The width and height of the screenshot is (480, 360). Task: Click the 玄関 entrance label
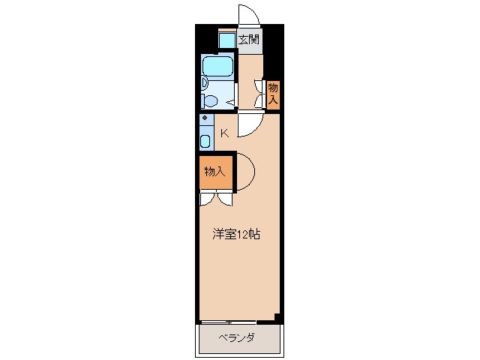(249, 40)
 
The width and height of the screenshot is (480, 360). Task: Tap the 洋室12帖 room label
(235, 234)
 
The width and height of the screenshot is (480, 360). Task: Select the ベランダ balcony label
(236, 338)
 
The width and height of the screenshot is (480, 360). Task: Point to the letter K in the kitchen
(223, 133)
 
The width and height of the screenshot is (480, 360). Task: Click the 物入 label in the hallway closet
(273, 93)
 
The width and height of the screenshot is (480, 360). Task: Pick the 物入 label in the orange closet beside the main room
(214, 172)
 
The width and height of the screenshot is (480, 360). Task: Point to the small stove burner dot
(204, 118)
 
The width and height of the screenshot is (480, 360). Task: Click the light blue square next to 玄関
(226, 40)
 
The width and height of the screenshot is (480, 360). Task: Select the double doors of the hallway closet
(259, 93)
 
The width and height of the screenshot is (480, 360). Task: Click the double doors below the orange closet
(216, 199)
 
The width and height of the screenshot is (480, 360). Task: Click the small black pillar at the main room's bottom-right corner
(278, 317)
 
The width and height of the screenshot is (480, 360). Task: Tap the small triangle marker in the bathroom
(230, 102)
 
